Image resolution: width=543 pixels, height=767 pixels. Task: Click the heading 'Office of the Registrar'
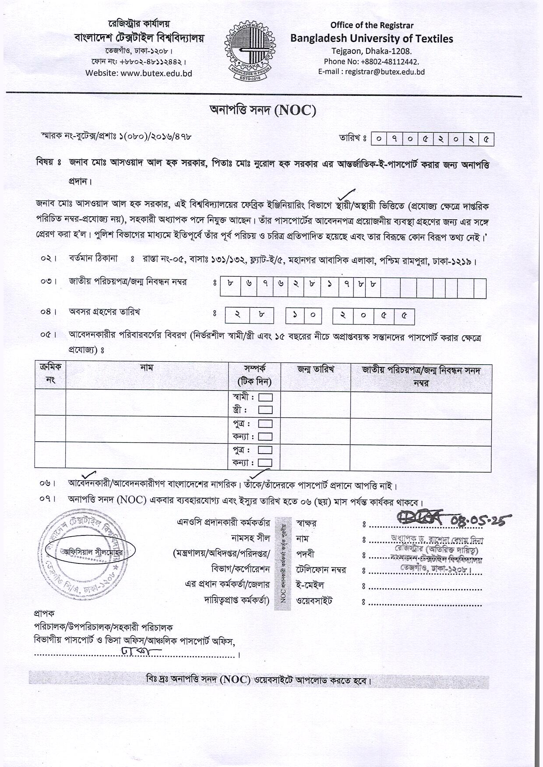point(372,25)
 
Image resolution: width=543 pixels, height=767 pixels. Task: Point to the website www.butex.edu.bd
point(156,73)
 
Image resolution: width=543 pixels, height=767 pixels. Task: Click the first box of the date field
point(378,139)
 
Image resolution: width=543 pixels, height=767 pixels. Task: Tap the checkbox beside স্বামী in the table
point(265,398)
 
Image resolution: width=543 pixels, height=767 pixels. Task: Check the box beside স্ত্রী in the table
point(265,410)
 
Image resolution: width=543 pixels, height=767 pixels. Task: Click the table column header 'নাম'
point(147,368)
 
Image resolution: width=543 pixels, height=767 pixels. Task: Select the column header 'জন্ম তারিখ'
point(315,369)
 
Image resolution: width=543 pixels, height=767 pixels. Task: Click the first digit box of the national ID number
point(230,284)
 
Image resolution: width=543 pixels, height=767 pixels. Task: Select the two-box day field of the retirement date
point(249,316)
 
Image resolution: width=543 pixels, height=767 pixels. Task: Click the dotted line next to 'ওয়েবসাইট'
point(425,604)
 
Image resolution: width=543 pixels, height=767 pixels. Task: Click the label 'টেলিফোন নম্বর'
point(321,570)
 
